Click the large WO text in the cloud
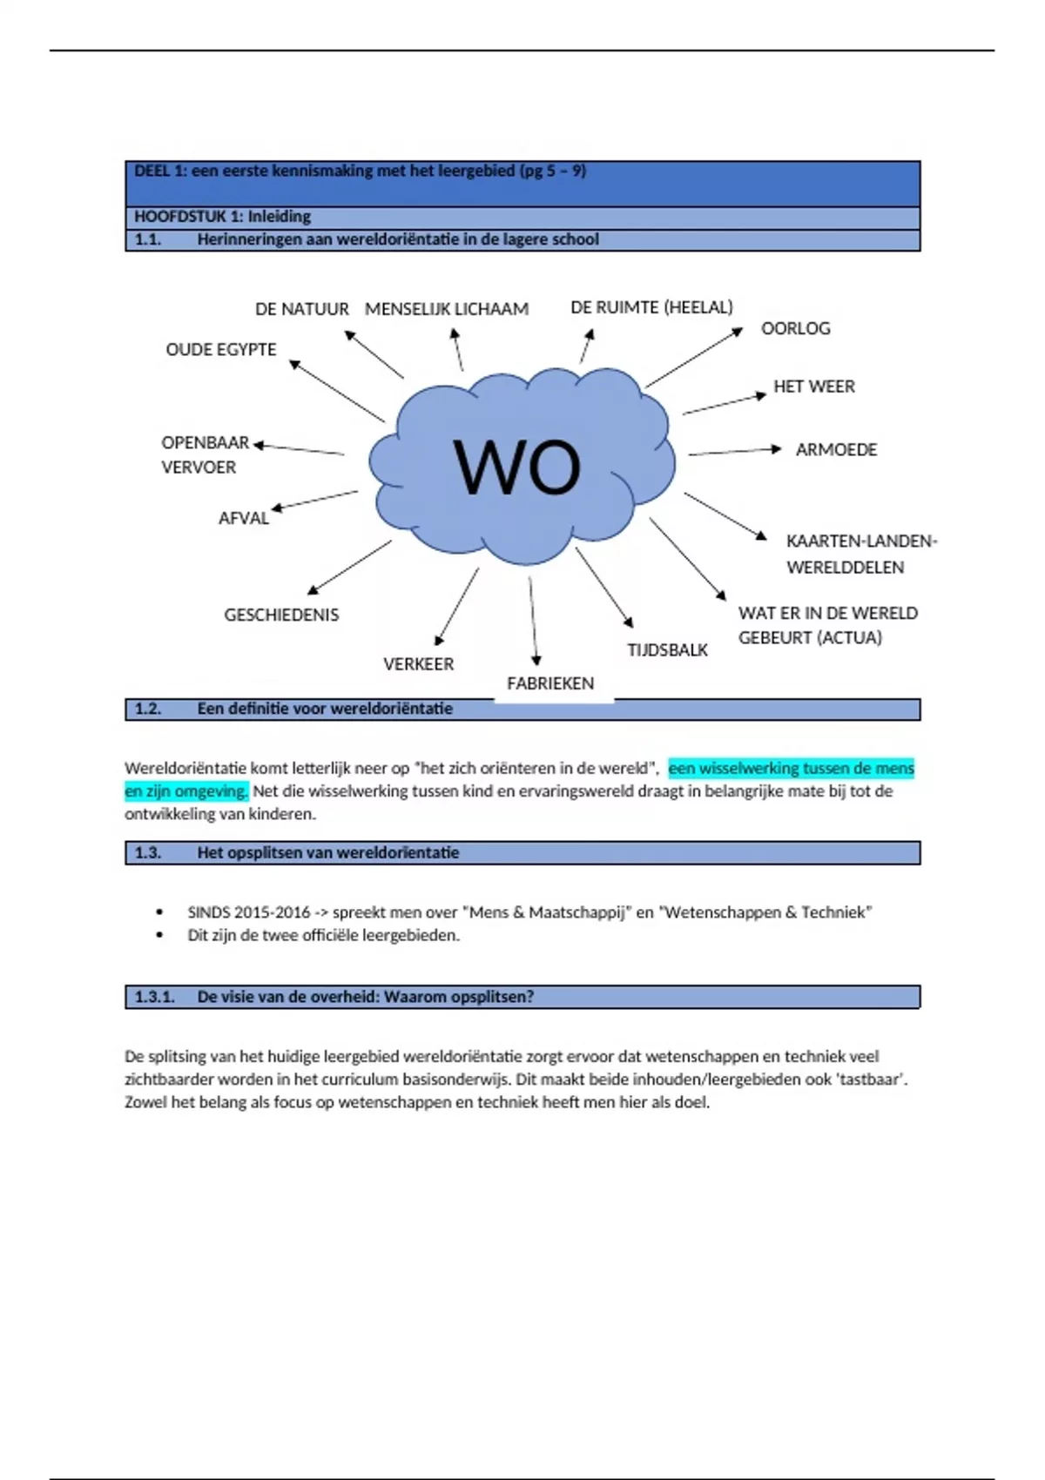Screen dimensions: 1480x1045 point(516,468)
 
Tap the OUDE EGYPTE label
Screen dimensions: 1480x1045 point(221,349)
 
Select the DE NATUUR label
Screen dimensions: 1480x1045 point(301,309)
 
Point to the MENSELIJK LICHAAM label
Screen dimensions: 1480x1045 point(446,309)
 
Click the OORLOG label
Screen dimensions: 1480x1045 point(795,328)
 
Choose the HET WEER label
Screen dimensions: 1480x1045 point(813,387)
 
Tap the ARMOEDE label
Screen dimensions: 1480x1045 point(836,450)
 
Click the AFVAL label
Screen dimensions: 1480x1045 point(244,518)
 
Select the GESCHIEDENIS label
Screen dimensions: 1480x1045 point(281,615)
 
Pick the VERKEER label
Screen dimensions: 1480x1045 point(418,664)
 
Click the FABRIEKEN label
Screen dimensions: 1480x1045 point(550,683)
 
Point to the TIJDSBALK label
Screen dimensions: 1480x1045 point(667,650)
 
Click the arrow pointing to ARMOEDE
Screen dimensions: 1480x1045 point(734,451)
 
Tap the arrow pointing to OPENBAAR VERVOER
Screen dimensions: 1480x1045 point(299,448)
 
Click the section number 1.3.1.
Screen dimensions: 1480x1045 point(154,997)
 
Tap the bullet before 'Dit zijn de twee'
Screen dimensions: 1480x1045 point(159,935)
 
